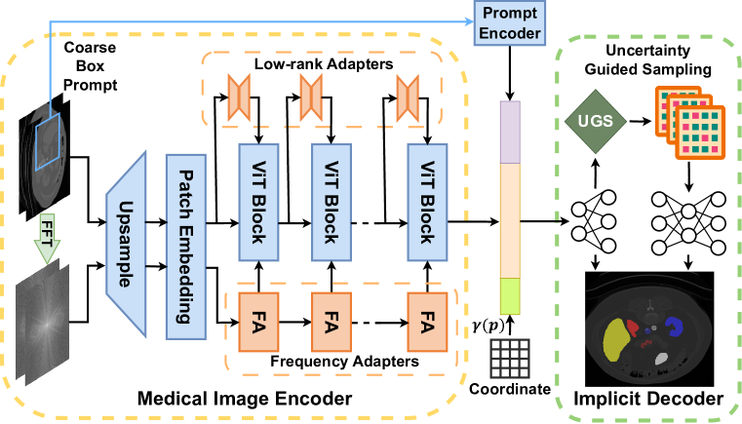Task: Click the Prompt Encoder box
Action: point(508,22)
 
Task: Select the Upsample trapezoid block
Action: point(125,231)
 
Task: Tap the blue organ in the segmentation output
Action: point(676,328)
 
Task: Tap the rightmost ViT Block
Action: point(424,200)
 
